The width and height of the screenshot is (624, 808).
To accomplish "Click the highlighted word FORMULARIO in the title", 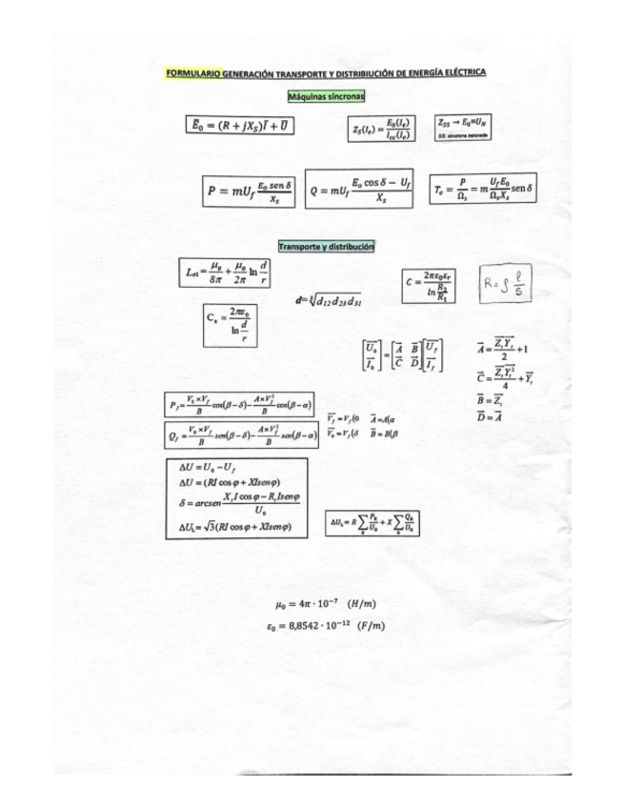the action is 191,72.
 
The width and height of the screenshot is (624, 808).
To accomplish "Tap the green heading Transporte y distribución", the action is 326,246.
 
